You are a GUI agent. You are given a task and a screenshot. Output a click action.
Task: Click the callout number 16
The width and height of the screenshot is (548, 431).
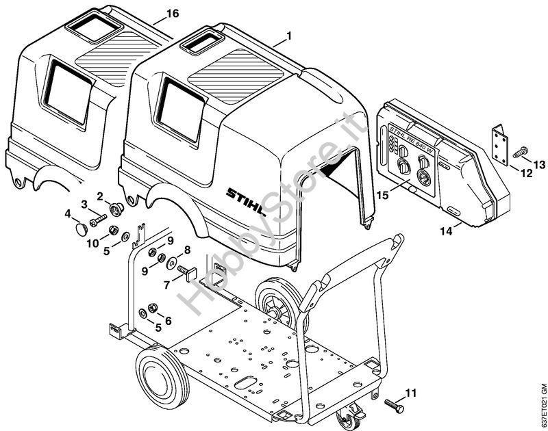[173, 14]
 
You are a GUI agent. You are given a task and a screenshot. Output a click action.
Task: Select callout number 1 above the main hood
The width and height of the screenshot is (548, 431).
[289, 36]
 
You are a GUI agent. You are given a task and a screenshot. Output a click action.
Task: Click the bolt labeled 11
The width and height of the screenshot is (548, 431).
[395, 404]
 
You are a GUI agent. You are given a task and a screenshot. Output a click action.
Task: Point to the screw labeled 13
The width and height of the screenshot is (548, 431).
[521, 152]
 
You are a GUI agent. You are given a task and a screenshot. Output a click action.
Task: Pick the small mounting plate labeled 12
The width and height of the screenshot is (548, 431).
[500, 145]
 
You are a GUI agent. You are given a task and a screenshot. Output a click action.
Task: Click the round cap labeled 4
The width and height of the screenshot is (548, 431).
[82, 230]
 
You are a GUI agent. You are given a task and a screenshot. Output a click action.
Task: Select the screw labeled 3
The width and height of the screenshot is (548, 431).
[98, 220]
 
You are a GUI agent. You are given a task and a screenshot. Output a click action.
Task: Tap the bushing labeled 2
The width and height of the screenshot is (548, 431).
[116, 209]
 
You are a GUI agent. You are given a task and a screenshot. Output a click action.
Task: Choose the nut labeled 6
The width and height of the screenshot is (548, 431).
[152, 308]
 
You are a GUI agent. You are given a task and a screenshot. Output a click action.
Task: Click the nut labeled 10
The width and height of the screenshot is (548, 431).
[113, 230]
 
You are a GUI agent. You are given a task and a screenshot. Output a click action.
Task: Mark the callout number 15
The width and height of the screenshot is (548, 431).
[383, 194]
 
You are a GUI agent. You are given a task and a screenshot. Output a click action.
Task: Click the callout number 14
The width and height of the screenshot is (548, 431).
[447, 231]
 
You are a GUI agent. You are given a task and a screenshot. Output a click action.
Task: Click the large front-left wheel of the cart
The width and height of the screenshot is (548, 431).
[162, 377]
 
